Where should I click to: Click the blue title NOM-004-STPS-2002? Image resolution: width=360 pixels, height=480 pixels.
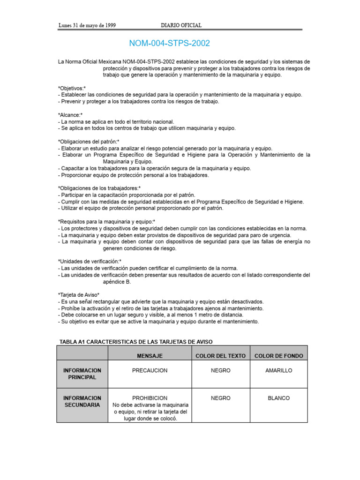coord(169,44)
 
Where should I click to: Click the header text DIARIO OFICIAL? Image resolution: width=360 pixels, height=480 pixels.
coord(181,25)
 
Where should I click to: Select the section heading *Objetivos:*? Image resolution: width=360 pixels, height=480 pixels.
coord(72,88)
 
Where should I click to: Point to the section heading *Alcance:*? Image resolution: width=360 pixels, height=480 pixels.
coord(70,115)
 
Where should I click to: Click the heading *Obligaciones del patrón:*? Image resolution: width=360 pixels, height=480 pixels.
coord(89,142)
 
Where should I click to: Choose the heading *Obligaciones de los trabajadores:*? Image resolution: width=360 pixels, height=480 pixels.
coord(99,188)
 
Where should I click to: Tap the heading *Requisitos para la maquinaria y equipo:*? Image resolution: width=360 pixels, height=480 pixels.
coord(107,221)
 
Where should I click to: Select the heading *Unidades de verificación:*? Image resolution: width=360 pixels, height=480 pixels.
coord(90,261)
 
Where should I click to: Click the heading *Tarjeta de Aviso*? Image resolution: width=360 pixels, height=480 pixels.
coord(79,294)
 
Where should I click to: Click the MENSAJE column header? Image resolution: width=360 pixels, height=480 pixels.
coord(150,356)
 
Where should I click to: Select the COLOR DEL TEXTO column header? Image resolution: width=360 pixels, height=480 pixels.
coord(220,356)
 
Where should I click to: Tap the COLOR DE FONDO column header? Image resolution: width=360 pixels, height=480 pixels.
coord(278,356)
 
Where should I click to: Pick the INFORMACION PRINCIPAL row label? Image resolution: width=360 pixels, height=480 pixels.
coord(82,374)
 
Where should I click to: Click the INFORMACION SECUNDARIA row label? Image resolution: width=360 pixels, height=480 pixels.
coord(82,401)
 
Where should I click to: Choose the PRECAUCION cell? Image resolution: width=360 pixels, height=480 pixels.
coord(150,370)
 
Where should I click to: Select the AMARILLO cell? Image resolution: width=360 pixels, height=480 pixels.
coord(278,370)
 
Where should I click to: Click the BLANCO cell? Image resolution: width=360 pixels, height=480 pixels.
coord(278,398)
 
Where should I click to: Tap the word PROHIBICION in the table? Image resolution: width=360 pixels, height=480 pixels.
coord(150,398)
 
